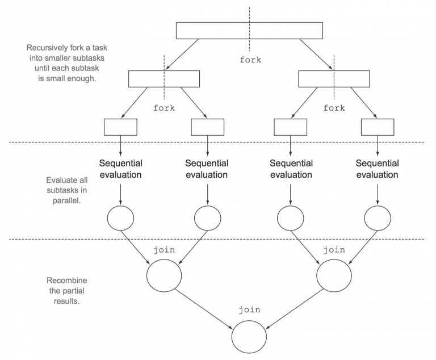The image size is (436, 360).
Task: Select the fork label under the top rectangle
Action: point(250,59)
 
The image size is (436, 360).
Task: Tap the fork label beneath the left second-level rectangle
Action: point(164,108)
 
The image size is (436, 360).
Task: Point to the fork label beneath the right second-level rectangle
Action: point(334,108)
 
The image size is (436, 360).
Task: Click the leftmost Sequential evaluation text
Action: point(120,169)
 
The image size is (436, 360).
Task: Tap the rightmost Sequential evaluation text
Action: point(378,169)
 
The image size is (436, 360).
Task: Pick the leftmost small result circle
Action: point(120,217)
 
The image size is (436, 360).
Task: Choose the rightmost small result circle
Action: point(378,217)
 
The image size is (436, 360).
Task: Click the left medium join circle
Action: point(164,275)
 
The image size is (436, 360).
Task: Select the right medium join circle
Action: point(334,275)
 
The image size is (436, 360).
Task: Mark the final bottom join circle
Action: point(249,337)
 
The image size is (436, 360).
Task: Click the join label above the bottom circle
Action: point(249,309)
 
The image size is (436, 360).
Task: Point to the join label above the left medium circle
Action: point(164,249)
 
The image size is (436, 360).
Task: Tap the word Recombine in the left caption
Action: point(64,281)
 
